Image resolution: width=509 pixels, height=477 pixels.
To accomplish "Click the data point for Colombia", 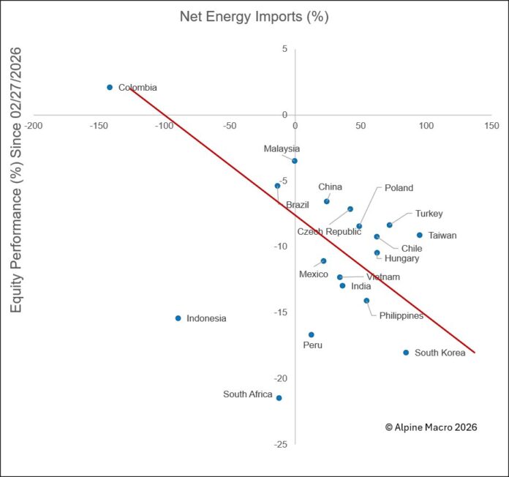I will [110, 87].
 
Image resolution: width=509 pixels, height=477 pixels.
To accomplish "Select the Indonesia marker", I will [178, 318].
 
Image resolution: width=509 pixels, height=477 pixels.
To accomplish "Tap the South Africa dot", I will [279, 398].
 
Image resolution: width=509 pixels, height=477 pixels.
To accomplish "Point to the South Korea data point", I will [406, 353].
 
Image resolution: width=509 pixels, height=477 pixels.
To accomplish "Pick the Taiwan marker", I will [419, 235].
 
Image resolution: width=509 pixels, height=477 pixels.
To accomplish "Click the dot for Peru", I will [311, 334].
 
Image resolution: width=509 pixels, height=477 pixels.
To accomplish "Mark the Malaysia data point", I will [294, 161].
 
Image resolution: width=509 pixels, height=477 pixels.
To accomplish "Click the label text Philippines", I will [401, 315].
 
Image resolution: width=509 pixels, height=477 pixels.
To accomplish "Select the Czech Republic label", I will [329, 232].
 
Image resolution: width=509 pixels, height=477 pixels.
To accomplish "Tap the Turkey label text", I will [429, 214].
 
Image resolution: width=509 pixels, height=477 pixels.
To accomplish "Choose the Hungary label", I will [401, 258].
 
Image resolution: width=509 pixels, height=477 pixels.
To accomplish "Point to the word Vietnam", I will [382, 277].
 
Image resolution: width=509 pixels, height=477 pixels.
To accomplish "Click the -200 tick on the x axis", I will [33, 126].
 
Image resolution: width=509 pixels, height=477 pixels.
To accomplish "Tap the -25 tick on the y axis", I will [279, 444].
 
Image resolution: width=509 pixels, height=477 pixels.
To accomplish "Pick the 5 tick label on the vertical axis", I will [284, 49].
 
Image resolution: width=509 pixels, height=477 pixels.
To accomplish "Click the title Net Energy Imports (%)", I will [254, 17].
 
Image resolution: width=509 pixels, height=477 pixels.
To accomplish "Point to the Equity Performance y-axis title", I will [15, 180].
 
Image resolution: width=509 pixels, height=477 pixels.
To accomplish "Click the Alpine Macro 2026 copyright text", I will [431, 427].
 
